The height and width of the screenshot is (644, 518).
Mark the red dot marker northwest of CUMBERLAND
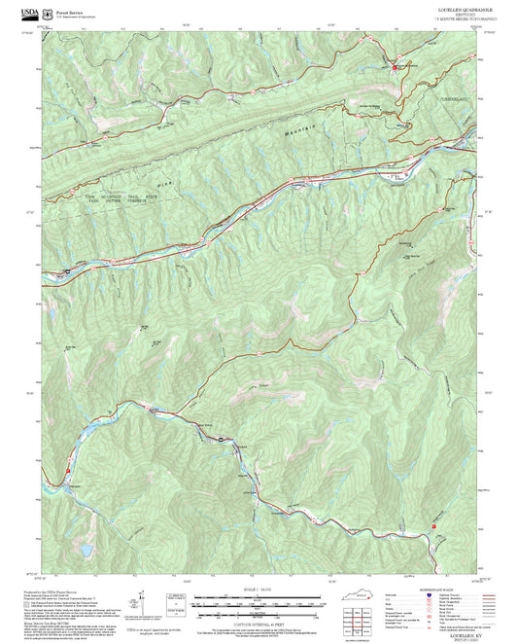point(395,67)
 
